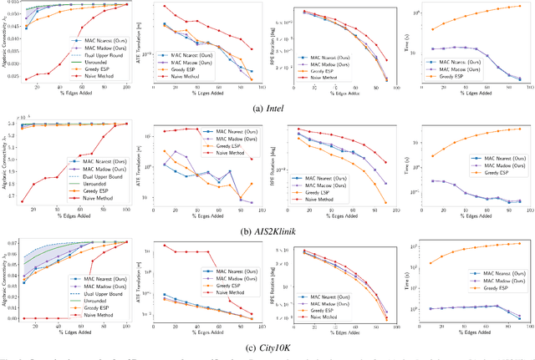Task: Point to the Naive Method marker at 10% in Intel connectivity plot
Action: [26, 80]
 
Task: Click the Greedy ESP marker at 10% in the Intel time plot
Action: [431, 29]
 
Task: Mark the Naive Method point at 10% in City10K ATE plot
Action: [164, 246]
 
